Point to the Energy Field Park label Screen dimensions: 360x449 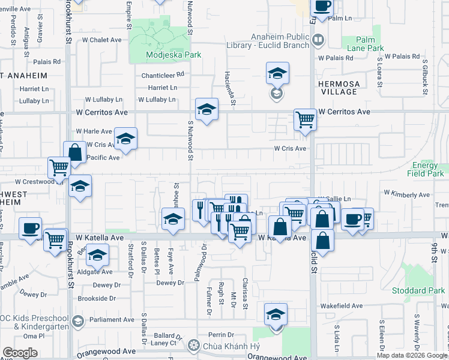(428, 169)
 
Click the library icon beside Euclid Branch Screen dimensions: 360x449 (318, 40)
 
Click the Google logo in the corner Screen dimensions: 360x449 (20, 352)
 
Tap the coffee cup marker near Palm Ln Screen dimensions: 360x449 (322, 7)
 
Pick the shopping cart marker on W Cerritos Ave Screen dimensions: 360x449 (305, 119)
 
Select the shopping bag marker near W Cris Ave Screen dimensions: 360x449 (76, 152)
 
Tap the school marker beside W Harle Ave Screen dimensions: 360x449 (125, 138)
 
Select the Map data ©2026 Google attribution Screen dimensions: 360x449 (412, 355)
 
